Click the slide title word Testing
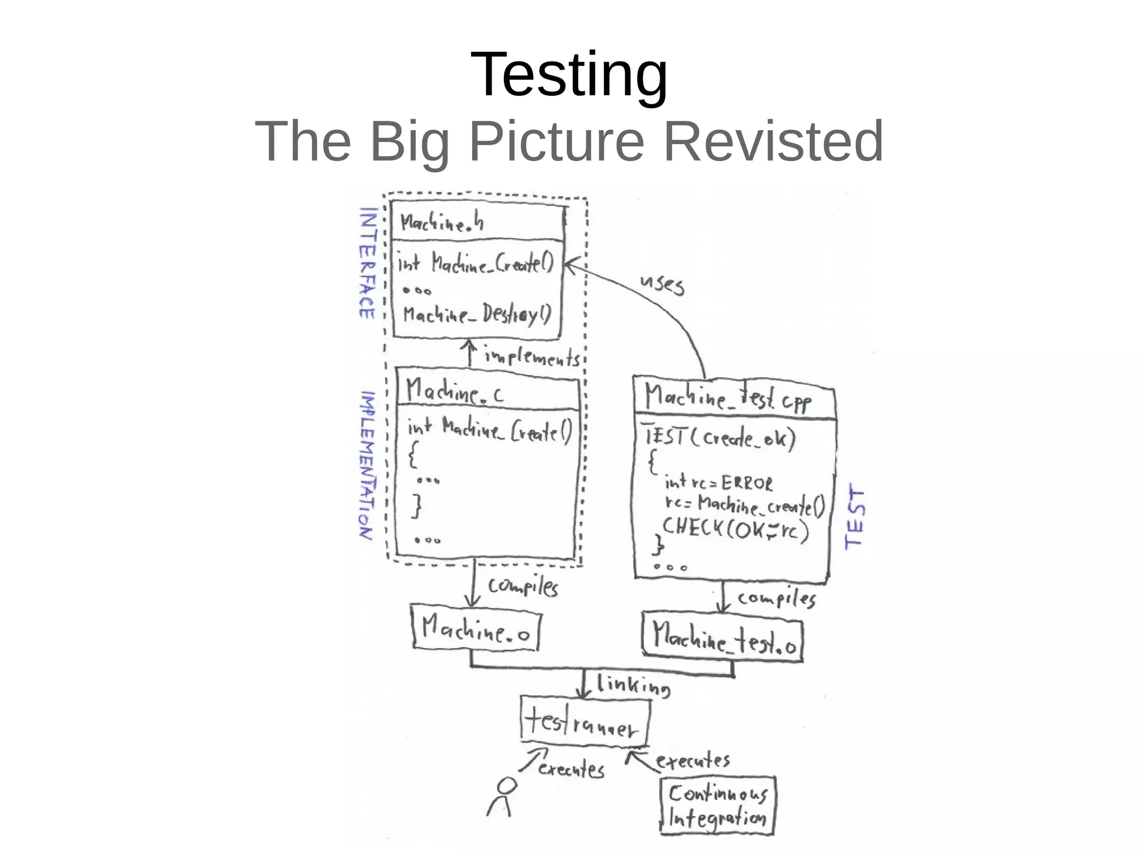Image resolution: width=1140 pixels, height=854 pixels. tap(568, 75)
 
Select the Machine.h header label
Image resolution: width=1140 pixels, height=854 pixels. tap(442, 223)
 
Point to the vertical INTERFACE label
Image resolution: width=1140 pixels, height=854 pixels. tap(368, 263)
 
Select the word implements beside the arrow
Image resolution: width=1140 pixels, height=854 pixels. tap(532, 357)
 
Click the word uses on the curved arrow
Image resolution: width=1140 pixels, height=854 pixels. tap(662, 283)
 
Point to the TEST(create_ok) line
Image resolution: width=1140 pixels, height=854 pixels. tap(720, 437)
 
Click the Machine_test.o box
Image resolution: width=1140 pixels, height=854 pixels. tap(723, 638)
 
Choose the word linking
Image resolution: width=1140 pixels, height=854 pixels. tap(633, 685)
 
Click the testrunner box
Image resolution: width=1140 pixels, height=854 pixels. tap(584, 722)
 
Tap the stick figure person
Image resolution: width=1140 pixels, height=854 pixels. tap(502, 797)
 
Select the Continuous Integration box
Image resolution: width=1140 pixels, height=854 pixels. tap(718, 805)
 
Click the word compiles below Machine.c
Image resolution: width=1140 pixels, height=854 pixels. tap(523, 586)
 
